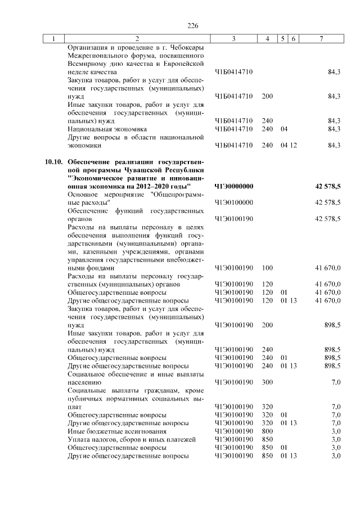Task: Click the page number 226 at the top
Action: pyautogui.click(x=193, y=26)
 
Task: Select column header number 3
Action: pyautogui.click(x=233, y=39)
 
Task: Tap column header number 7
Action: pyautogui.click(x=321, y=39)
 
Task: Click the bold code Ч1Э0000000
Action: pyautogui.click(x=235, y=186)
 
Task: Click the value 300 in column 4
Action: pyautogui.click(x=267, y=382)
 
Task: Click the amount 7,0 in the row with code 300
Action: pyautogui.click(x=336, y=382)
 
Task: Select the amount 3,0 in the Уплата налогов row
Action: pyautogui.click(x=336, y=439)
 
